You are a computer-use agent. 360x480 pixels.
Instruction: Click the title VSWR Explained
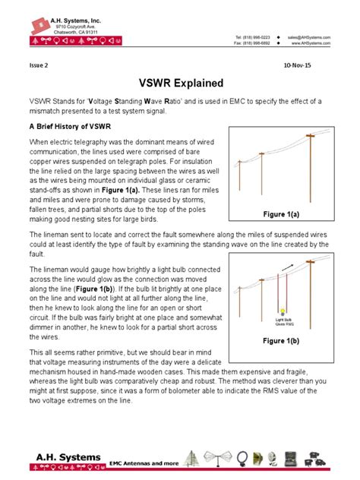coord(180,82)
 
